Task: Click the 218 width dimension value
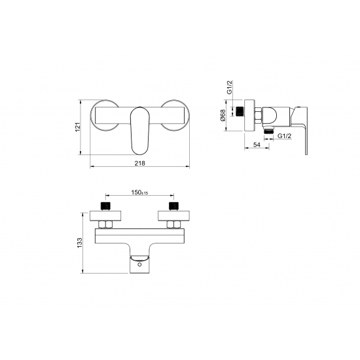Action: click(140, 163)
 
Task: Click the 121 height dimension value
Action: click(78, 127)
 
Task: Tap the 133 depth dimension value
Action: click(79, 243)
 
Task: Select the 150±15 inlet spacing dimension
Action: click(139, 192)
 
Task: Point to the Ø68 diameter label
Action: click(223, 115)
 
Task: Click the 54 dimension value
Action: click(257, 145)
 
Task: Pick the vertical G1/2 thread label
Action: click(229, 87)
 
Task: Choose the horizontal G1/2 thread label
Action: click(285, 136)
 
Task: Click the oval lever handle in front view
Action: click(140, 130)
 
